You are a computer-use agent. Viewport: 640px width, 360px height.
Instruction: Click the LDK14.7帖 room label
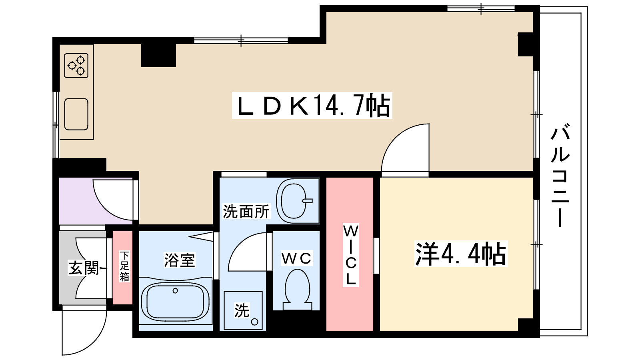312,106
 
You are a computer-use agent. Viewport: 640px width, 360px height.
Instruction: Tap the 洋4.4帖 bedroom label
460,254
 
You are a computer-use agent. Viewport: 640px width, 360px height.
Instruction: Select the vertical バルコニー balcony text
560,176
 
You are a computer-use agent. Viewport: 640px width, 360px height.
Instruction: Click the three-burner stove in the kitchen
76,65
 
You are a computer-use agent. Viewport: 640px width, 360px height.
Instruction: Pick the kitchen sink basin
76,114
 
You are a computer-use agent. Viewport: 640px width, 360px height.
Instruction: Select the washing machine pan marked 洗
243,310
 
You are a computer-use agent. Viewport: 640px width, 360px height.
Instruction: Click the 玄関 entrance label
83,268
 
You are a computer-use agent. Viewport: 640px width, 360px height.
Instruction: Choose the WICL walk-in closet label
350,255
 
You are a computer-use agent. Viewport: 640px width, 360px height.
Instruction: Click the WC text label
296,258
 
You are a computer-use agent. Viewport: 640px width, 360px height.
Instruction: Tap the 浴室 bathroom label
179,260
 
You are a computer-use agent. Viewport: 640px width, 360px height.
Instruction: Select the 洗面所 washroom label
246,212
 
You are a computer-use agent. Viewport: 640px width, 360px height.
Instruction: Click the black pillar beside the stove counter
158,55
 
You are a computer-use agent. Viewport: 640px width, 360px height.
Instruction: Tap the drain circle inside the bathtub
175,291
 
